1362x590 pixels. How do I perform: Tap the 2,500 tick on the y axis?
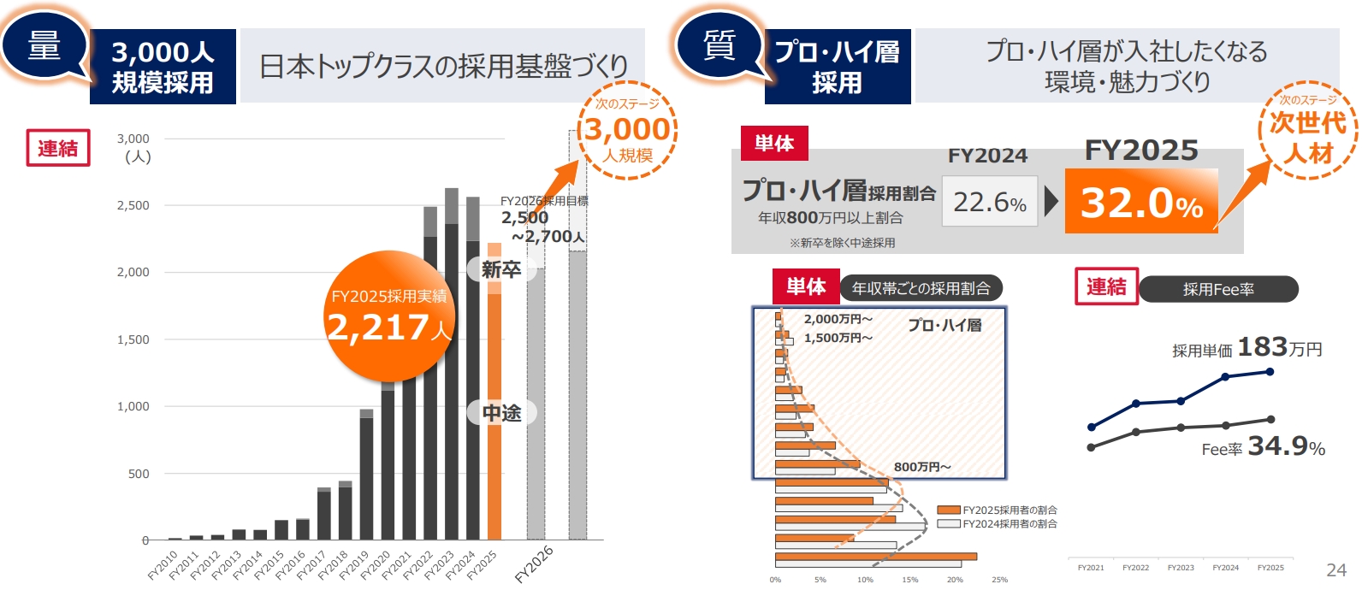pyautogui.click(x=133, y=205)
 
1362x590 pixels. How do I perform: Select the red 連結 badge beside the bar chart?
pyautogui.click(x=58, y=148)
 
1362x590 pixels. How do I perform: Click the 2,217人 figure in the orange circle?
pyautogui.click(x=388, y=327)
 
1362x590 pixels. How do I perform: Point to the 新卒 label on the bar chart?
pyautogui.click(x=501, y=270)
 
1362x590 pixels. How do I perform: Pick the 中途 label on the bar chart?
pyautogui.click(x=501, y=413)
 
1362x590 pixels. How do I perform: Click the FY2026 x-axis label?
pyautogui.click(x=534, y=564)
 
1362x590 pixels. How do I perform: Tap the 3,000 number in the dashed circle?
pyautogui.click(x=628, y=129)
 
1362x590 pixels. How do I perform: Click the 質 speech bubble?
pyautogui.click(x=719, y=45)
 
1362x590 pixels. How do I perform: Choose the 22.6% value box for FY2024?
pyautogui.click(x=990, y=202)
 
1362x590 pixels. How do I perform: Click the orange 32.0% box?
pyautogui.click(x=1141, y=202)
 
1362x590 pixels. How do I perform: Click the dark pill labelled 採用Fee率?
pyautogui.click(x=1218, y=289)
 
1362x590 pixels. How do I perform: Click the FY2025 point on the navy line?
pyautogui.click(x=1270, y=371)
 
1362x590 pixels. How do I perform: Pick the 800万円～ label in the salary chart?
pyautogui.click(x=922, y=467)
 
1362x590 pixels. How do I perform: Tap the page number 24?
pyautogui.click(x=1335, y=569)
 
